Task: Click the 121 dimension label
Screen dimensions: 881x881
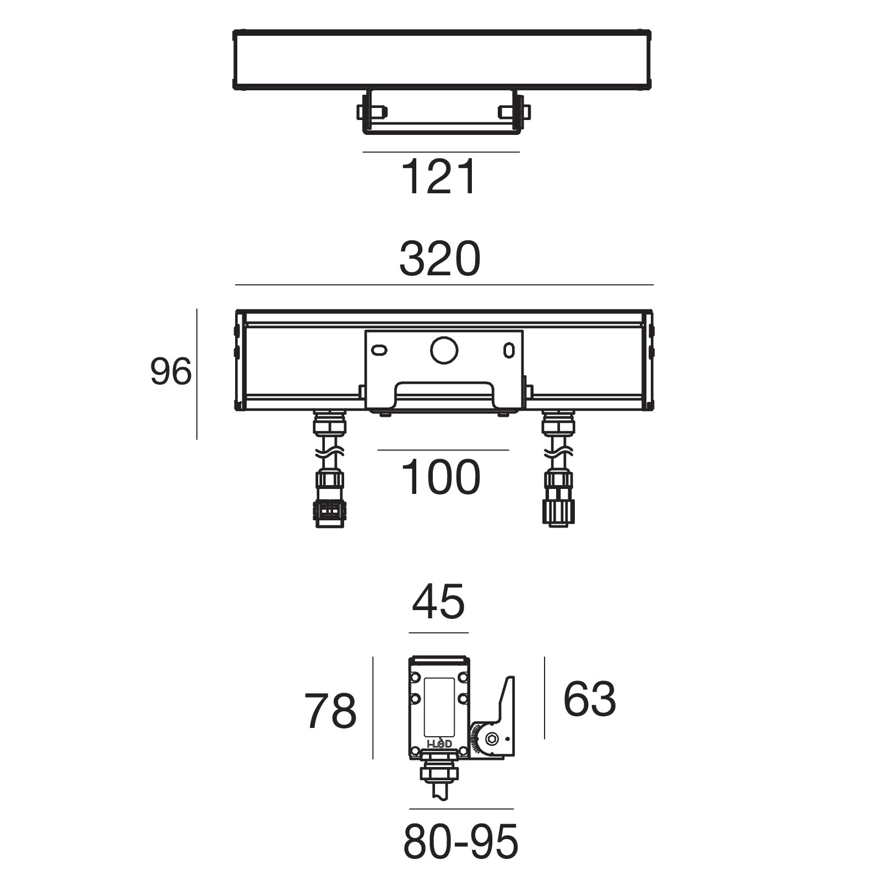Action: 439,177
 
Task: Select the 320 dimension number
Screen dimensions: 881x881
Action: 440,259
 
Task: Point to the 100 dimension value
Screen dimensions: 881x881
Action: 440,477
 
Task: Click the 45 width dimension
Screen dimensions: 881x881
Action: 438,601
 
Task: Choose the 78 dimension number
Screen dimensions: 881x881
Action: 330,711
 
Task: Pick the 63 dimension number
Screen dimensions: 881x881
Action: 589,699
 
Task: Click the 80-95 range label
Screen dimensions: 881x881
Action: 461,842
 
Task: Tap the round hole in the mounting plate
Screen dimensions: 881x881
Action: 444,350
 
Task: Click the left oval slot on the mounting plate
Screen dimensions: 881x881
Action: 379,350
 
